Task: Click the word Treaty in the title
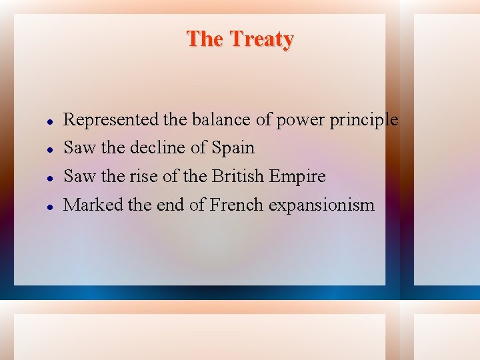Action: (262, 39)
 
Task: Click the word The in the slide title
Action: (205, 39)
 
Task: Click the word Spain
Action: (233, 148)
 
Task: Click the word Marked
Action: (93, 205)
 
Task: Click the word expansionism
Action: (321, 205)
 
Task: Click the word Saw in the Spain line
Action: (79, 147)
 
